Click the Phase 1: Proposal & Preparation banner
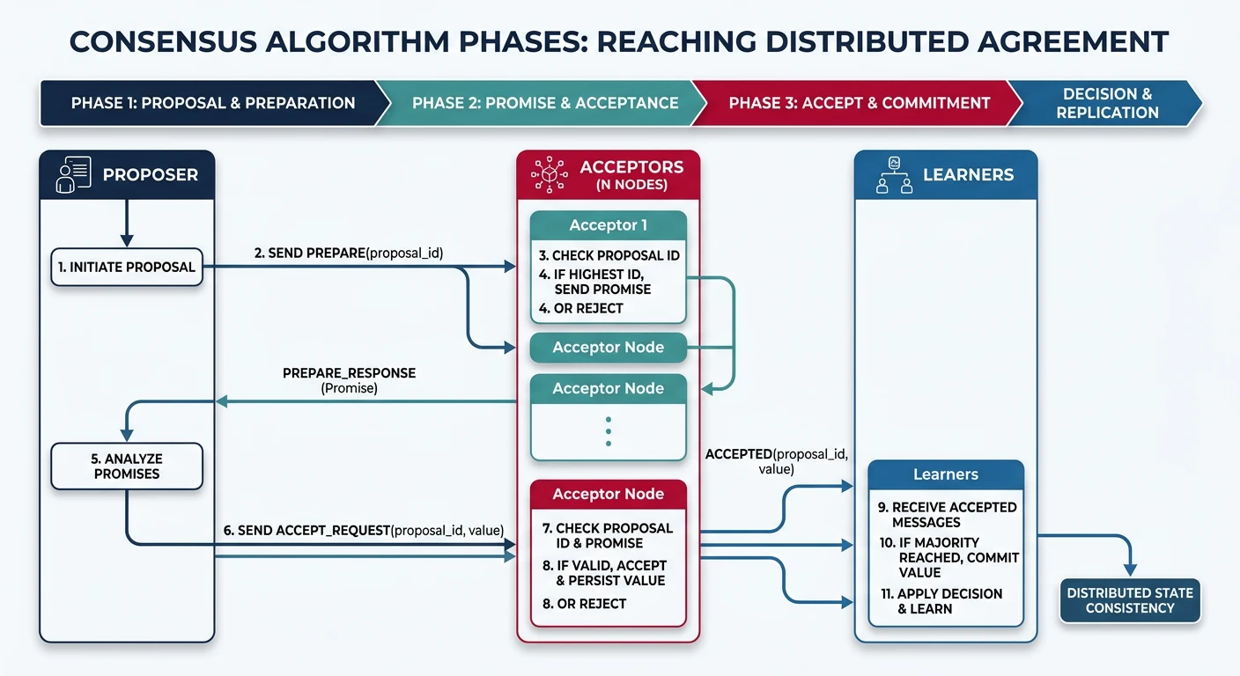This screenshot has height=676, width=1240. [213, 103]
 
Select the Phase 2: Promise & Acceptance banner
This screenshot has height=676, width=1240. [544, 103]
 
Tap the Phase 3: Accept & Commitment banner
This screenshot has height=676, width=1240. [859, 103]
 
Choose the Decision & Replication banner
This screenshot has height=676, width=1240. [1107, 103]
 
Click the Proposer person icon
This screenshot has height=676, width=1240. [72, 174]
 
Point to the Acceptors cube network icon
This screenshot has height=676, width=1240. [550, 175]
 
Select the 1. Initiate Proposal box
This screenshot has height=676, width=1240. [127, 268]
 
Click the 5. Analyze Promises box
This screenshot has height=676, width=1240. [127, 467]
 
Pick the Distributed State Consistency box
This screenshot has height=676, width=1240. [1130, 600]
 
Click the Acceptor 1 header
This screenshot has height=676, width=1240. [608, 225]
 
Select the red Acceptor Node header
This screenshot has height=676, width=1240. [608, 494]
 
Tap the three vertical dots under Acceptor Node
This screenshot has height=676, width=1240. [608, 431]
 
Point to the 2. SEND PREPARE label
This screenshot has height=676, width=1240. [349, 253]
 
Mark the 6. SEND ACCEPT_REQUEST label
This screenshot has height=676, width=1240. [363, 530]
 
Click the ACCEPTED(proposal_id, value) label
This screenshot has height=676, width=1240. [775, 462]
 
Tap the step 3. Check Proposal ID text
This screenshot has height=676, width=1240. [609, 255]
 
